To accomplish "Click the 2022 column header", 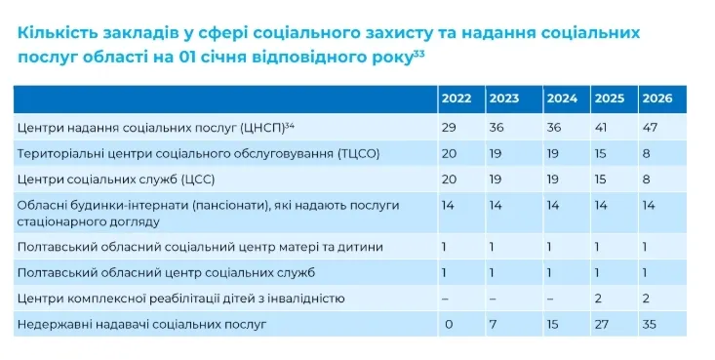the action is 457,99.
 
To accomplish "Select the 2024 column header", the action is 562,99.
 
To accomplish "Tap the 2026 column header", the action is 657,99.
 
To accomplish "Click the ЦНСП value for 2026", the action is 650,127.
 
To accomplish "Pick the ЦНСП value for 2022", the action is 449,127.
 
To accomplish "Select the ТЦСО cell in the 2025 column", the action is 601,153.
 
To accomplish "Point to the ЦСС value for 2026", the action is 646,179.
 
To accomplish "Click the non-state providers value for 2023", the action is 493,325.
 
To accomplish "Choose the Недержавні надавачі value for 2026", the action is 649,325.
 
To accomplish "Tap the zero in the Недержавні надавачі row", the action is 449,325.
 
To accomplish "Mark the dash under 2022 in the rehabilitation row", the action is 445,300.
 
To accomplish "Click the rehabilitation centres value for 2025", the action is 598,299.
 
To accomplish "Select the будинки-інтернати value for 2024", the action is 553,205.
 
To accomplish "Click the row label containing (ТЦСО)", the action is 198,154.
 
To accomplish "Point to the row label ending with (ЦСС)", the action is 116,180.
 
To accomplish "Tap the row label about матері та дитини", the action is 200,247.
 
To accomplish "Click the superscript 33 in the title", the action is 418,55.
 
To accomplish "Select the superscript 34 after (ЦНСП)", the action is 289,125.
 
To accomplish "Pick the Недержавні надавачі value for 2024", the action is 553,325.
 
